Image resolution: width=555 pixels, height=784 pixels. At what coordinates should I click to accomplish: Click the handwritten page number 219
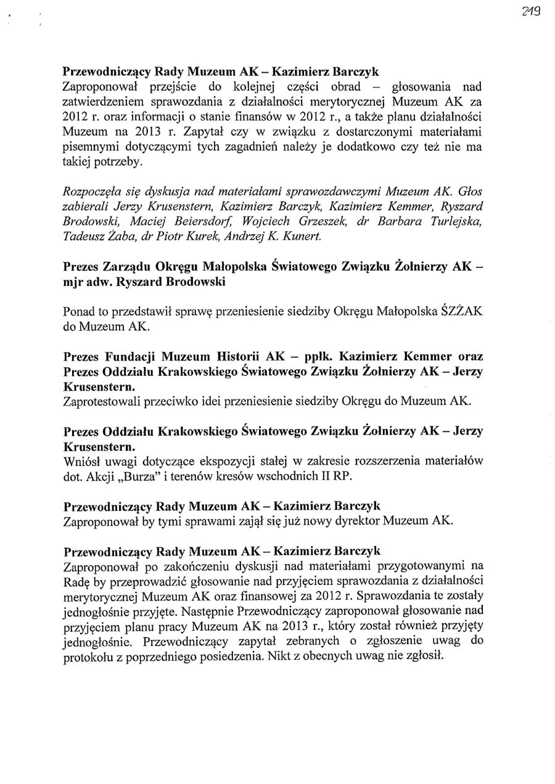(x=530, y=10)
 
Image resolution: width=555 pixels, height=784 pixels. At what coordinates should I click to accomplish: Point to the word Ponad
(x=79, y=312)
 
